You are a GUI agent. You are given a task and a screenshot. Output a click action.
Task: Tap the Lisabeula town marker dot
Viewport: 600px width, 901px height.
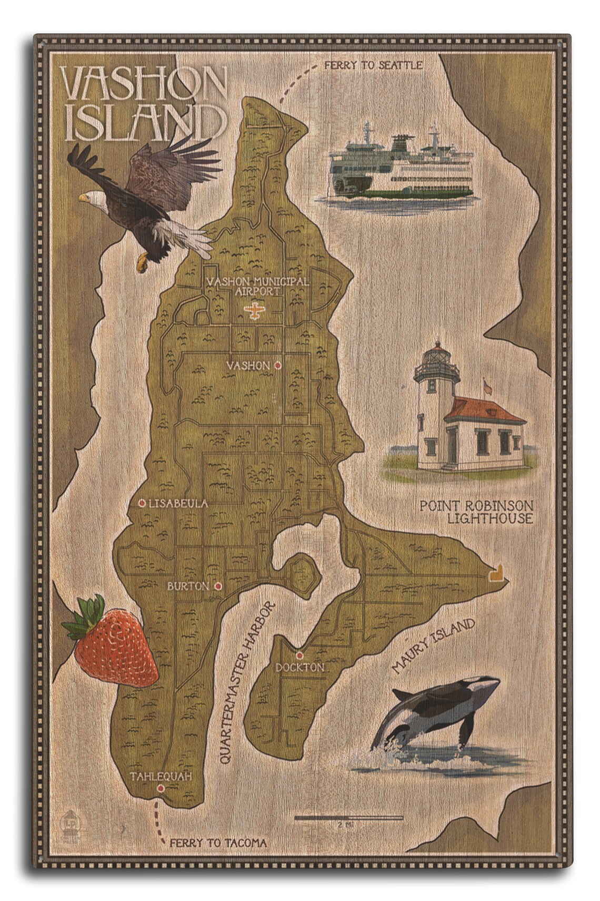point(142,503)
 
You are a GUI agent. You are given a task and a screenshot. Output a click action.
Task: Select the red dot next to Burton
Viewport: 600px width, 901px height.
point(218,585)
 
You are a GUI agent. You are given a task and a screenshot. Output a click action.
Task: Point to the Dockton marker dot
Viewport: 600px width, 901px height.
point(299,655)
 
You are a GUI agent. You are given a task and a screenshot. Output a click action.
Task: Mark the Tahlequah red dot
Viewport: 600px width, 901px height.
point(160,788)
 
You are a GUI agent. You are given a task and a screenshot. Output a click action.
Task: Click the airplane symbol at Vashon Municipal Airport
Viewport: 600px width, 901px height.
point(256,311)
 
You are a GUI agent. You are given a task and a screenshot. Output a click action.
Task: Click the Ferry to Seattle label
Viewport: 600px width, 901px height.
point(373,65)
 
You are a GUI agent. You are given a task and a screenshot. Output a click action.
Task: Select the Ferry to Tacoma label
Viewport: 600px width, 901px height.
point(218,843)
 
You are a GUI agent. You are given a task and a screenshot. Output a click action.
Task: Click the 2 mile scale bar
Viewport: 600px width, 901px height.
point(348,818)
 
